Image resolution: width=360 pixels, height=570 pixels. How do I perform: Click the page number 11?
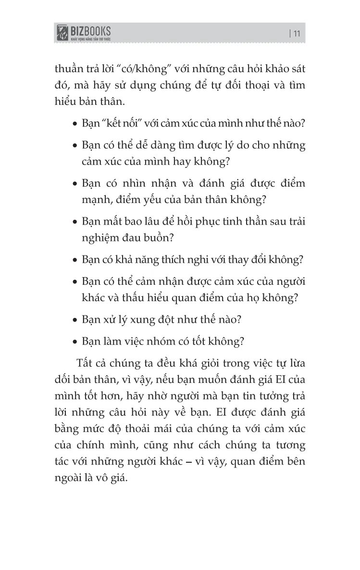pyautogui.click(x=296, y=33)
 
